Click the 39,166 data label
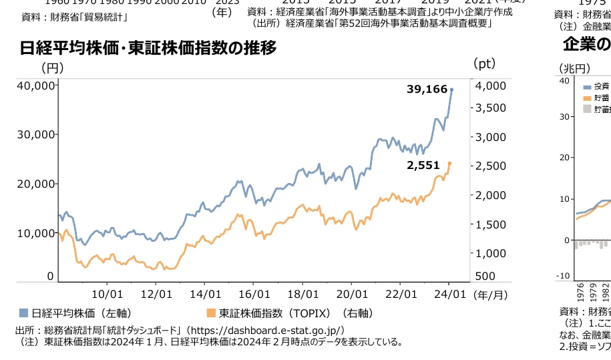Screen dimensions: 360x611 point(427,89)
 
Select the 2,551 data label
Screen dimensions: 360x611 point(424,164)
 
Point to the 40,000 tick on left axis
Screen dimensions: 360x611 point(36,85)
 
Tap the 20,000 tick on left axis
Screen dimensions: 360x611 point(36,184)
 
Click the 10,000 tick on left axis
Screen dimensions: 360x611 point(36,233)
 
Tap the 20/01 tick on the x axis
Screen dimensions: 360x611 point(353,294)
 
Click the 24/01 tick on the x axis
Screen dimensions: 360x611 point(449,294)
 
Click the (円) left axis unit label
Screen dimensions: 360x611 point(53,68)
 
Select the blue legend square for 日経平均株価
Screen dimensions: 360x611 point(23,313)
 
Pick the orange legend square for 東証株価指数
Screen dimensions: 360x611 point(211,313)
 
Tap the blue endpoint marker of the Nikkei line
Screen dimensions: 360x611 point(451,89)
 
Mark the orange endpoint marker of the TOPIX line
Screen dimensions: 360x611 point(449,163)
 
